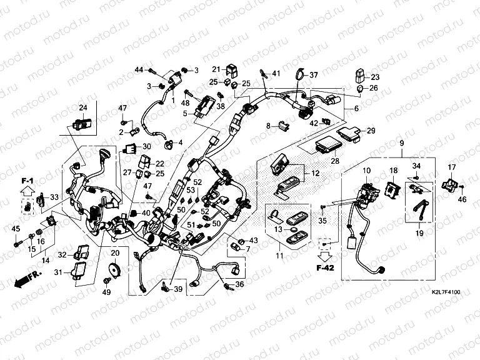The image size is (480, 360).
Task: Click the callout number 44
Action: [x=139, y=69]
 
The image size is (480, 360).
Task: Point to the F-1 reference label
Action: [x=27, y=181]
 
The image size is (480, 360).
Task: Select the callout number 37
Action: [x=313, y=76]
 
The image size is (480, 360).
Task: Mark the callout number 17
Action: [x=452, y=167]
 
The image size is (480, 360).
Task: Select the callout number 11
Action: [x=279, y=256]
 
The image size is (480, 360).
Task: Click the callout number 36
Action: [x=239, y=285]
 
